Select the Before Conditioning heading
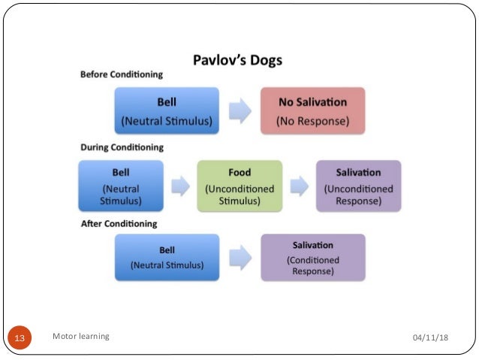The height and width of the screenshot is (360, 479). coord(121,75)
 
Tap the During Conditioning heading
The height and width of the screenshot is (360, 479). coord(122,147)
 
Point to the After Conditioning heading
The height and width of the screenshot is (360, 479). coord(119,223)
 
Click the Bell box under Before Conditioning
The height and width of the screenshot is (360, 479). coord(167,110)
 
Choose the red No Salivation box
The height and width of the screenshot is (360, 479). coord(312,110)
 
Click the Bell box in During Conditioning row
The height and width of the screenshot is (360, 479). coord(120,185)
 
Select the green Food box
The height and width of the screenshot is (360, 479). coord(239,185)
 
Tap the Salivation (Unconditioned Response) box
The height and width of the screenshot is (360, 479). coord(358,185)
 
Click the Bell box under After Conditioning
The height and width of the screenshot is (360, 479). coord(167,257)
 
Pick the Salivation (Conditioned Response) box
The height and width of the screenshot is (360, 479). coord(312,257)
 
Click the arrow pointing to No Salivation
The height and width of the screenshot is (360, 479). coord(239,111)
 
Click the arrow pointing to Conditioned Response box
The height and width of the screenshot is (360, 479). coord(239,258)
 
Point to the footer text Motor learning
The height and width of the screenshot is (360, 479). coord(81,336)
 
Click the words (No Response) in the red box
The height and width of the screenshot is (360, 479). coord(312,119)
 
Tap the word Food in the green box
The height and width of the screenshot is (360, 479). coord(239,173)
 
